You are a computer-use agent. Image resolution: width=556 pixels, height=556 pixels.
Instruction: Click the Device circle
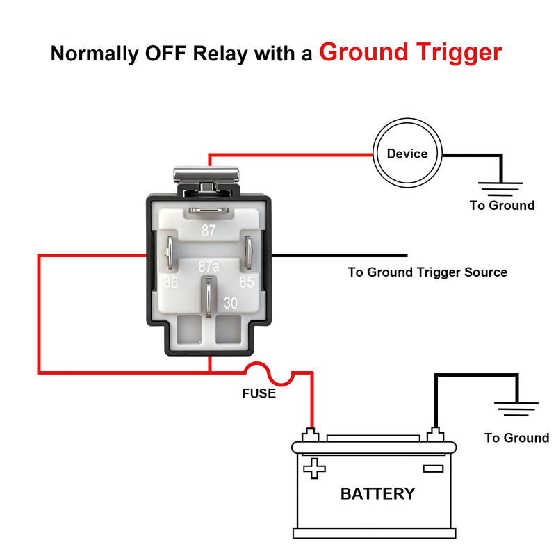[x=407, y=154]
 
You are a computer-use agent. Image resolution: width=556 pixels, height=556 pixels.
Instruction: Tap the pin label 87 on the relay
[x=208, y=231]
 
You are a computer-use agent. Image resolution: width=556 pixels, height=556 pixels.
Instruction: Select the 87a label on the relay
[x=208, y=266]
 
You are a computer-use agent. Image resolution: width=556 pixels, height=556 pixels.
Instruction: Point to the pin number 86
[x=170, y=283]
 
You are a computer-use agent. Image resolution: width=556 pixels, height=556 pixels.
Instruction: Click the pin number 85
[x=247, y=283]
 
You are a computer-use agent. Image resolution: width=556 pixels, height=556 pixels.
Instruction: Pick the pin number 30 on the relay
[x=231, y=303]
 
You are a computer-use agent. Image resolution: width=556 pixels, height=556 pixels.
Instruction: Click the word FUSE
[x=259, y=394]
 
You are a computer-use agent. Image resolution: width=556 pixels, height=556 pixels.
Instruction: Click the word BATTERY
[x=377, y=494]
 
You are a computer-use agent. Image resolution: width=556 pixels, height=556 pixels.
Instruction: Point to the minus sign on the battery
[x=433, y=469]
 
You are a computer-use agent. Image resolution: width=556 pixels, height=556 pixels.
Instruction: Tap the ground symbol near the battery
[x=517, y=410]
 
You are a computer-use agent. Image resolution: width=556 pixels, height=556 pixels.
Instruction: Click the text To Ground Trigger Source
[x=427, y=272]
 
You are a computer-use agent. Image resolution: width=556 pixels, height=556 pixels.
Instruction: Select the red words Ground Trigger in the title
[x=410, y=52]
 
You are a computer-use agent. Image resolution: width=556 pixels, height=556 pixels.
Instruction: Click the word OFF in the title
[x=165, y=54]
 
